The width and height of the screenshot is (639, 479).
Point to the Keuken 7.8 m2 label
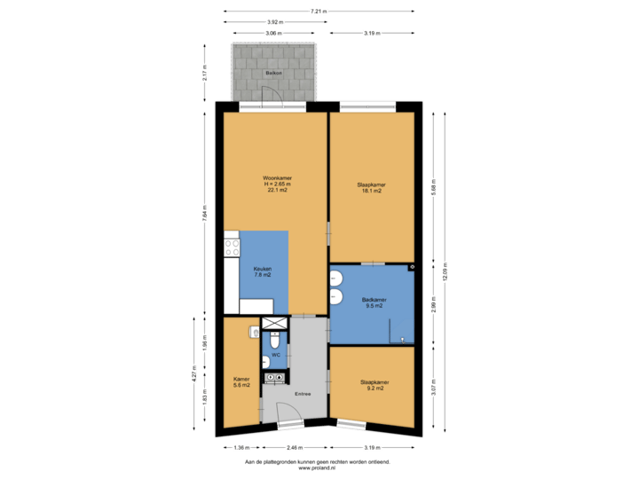coord(262,271)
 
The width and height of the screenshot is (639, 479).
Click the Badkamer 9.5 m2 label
coord(374,302)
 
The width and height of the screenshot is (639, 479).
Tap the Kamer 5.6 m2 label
coord(241,381)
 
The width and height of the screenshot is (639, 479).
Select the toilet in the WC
coord(275,342)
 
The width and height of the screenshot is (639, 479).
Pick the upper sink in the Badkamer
coord(336,277)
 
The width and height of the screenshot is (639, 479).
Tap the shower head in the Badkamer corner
coord(412,267)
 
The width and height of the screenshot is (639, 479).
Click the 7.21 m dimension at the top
coord(318,12)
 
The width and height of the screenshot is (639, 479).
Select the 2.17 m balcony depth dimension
coord(206,73)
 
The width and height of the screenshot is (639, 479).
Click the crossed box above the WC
coord(275,324)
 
